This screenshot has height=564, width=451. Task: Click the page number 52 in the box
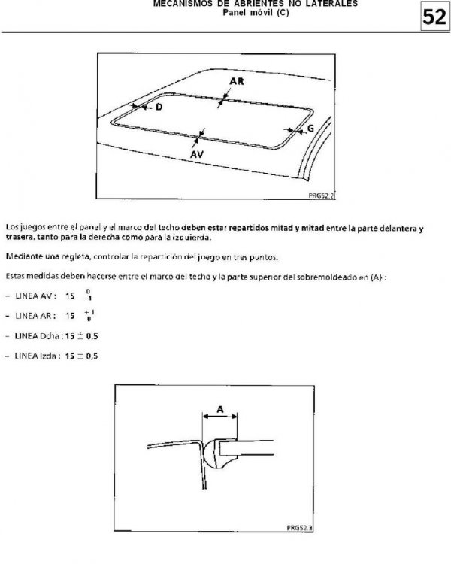click(x=434, y=17)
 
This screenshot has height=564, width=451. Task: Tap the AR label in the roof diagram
click(x=237, y=81)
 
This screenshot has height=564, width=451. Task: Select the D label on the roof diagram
click(x=159, y=107)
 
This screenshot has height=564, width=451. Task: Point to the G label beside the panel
click(x=310, y=129)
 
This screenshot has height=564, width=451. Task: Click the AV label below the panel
click(x=197, y=154)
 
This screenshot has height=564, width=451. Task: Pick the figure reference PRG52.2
click(x=321, y=196)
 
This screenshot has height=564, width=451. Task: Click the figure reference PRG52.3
click(x=300, y=528)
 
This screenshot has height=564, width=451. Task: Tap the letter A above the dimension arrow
click(x=220, y=409)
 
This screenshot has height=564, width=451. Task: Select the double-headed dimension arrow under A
click(x=220, y=417)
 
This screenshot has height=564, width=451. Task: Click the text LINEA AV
click(x=35, y=296)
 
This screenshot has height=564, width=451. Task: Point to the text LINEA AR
click(x=35, y=316)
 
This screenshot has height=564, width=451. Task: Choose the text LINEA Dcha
click(x=37, y=336)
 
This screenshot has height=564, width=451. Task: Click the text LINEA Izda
click(x=35, y=356)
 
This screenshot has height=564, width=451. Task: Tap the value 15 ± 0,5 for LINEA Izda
click(x=82, y=356)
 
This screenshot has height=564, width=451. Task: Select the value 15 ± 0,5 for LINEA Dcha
click(x=82, y=336)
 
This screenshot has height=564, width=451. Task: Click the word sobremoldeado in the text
click(x=326, y=277)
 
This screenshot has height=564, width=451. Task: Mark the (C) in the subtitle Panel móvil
click(x=283, y=13)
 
